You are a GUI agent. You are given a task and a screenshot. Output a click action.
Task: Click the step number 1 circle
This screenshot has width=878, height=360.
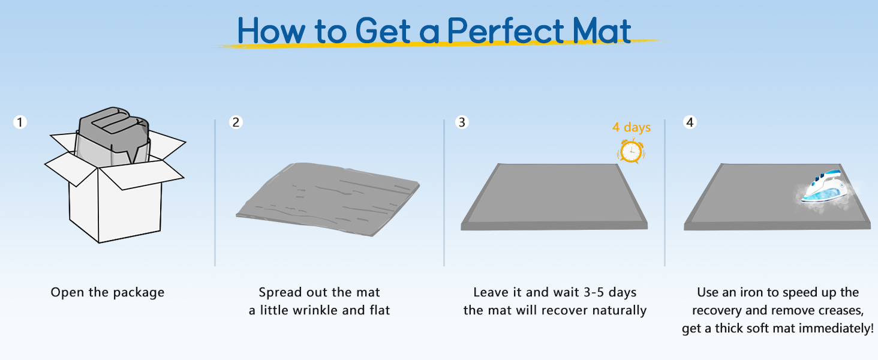(20, 122)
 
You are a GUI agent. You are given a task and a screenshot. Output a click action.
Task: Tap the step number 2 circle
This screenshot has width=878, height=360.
(236, 122)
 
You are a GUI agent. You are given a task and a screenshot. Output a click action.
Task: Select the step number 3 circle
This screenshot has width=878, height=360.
(462, 122)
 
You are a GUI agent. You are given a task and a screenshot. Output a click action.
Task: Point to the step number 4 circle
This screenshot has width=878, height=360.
(690, 122)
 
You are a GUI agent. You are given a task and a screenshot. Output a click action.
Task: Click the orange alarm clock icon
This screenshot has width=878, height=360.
(631, 151)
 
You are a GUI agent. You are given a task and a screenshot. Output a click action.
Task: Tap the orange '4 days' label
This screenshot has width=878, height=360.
(632, 127)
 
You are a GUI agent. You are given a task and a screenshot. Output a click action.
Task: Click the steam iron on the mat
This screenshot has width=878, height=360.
(823, 187)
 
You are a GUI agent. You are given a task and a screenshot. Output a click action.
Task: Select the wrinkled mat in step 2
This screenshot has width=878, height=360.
(327, 199)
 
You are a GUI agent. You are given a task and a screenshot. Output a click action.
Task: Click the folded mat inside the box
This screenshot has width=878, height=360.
(113, 135)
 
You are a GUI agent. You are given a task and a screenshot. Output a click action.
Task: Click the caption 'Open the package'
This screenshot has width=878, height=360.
(107, 293)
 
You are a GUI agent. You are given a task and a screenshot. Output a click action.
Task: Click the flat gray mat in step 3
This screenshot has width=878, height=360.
(554, 196)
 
